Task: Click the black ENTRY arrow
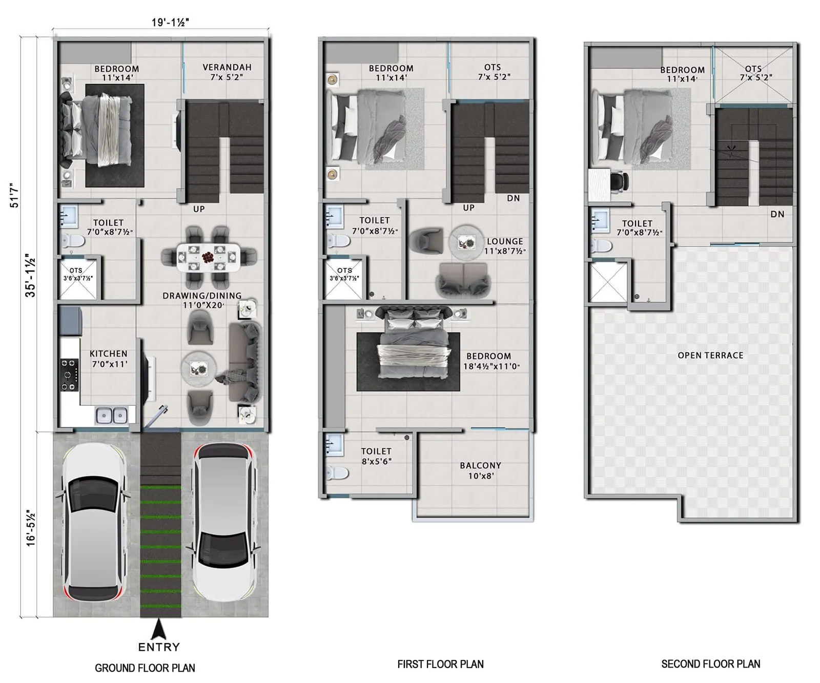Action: [x=159, y=629]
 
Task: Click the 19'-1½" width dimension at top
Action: [x=170, y=22]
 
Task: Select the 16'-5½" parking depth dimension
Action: [x=31, y=528]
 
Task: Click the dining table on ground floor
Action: [x=208, y=257]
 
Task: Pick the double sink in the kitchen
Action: [x=112, y=415]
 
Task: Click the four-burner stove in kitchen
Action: [x=69, y=375]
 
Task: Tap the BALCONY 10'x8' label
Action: [x=480, y=470]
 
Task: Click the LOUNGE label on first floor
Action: [x=505, y=241]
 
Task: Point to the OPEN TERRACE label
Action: [x=710, y=355]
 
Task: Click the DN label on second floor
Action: [x=777, y=214]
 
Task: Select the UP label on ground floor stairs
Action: [x=199, y=209]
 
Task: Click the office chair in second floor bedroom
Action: [x=620, y=181]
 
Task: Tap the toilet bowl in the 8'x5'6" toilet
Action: [x=338, y=472]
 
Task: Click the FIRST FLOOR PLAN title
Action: [x=440, y=664]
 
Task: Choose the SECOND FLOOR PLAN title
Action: [x=710, y=664]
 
